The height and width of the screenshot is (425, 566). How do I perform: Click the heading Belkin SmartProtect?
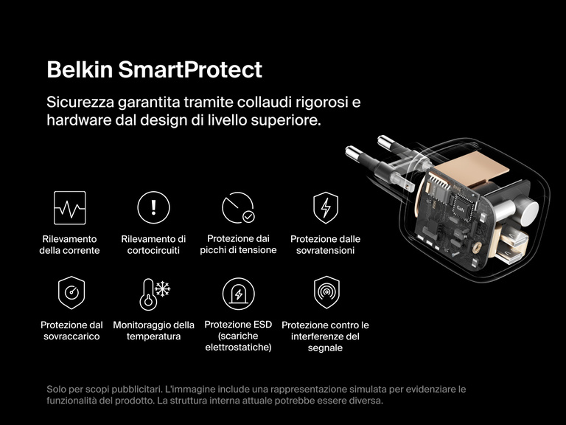154,70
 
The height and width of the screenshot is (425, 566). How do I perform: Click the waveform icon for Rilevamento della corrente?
69,207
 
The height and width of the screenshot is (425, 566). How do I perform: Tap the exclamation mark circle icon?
153,207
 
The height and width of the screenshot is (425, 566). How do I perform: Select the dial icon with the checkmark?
238,207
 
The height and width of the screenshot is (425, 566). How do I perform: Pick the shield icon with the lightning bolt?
325,207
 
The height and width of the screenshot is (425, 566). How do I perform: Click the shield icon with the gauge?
71,293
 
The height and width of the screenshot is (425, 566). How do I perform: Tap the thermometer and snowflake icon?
154,293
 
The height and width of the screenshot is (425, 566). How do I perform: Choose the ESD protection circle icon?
238,294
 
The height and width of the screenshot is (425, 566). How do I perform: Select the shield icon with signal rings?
325,293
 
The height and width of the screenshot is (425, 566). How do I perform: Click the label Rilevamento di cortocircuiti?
153,244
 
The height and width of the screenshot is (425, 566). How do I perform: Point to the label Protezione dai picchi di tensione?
238,244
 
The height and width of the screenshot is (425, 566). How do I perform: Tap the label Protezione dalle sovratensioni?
325,244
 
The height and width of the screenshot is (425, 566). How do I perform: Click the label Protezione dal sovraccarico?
71,331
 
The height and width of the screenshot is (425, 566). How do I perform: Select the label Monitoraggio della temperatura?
154,331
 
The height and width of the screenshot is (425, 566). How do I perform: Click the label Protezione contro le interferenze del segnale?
325,336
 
